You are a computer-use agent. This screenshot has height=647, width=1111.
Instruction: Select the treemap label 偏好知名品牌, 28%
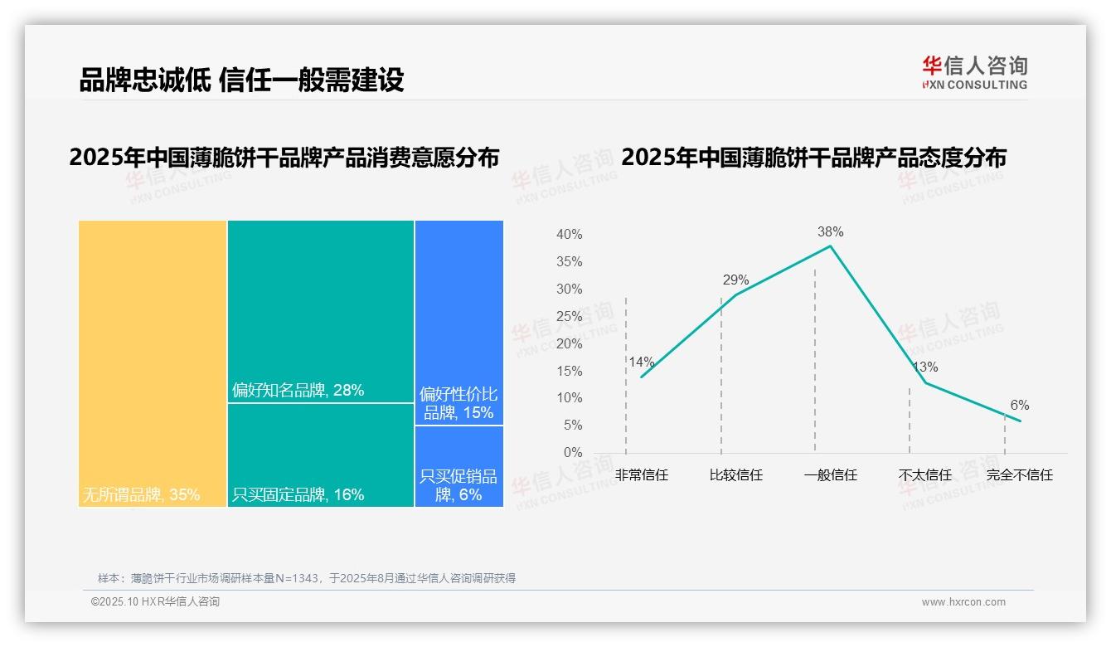tap(298, 390)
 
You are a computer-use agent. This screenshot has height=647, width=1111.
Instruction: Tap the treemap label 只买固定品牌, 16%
tap(298, 495)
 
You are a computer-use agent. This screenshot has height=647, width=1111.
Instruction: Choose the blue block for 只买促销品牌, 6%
tap(458, 466)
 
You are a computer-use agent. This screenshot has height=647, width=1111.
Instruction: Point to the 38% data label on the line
tap(830, 231)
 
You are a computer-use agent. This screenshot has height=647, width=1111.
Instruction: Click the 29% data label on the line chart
tap(735, 280)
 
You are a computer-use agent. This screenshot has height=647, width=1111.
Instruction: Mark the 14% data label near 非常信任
tap(641, 362)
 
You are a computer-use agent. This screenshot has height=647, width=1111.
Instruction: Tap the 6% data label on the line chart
tap(1019, 405)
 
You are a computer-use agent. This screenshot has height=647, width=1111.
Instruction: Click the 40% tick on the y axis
tap(569, 235)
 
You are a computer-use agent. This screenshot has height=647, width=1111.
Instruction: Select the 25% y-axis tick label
tap(569, 316)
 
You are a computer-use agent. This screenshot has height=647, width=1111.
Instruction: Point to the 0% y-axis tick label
tap(573, 452)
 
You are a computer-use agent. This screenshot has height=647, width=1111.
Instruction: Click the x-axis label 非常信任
tap(641, 475)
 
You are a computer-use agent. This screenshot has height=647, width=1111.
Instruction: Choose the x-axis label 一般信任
tap(830, 475)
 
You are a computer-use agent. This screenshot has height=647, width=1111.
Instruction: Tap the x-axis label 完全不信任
tap(1019, 475)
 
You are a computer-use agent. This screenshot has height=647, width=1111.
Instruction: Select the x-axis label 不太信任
tap(924, 475)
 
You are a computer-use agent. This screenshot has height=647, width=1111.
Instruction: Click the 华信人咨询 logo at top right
tap(974, 72)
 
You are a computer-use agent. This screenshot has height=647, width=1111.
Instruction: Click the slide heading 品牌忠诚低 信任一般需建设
tap(241, 80)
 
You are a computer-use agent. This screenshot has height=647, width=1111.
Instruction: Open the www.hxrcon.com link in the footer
tap(963, 602)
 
